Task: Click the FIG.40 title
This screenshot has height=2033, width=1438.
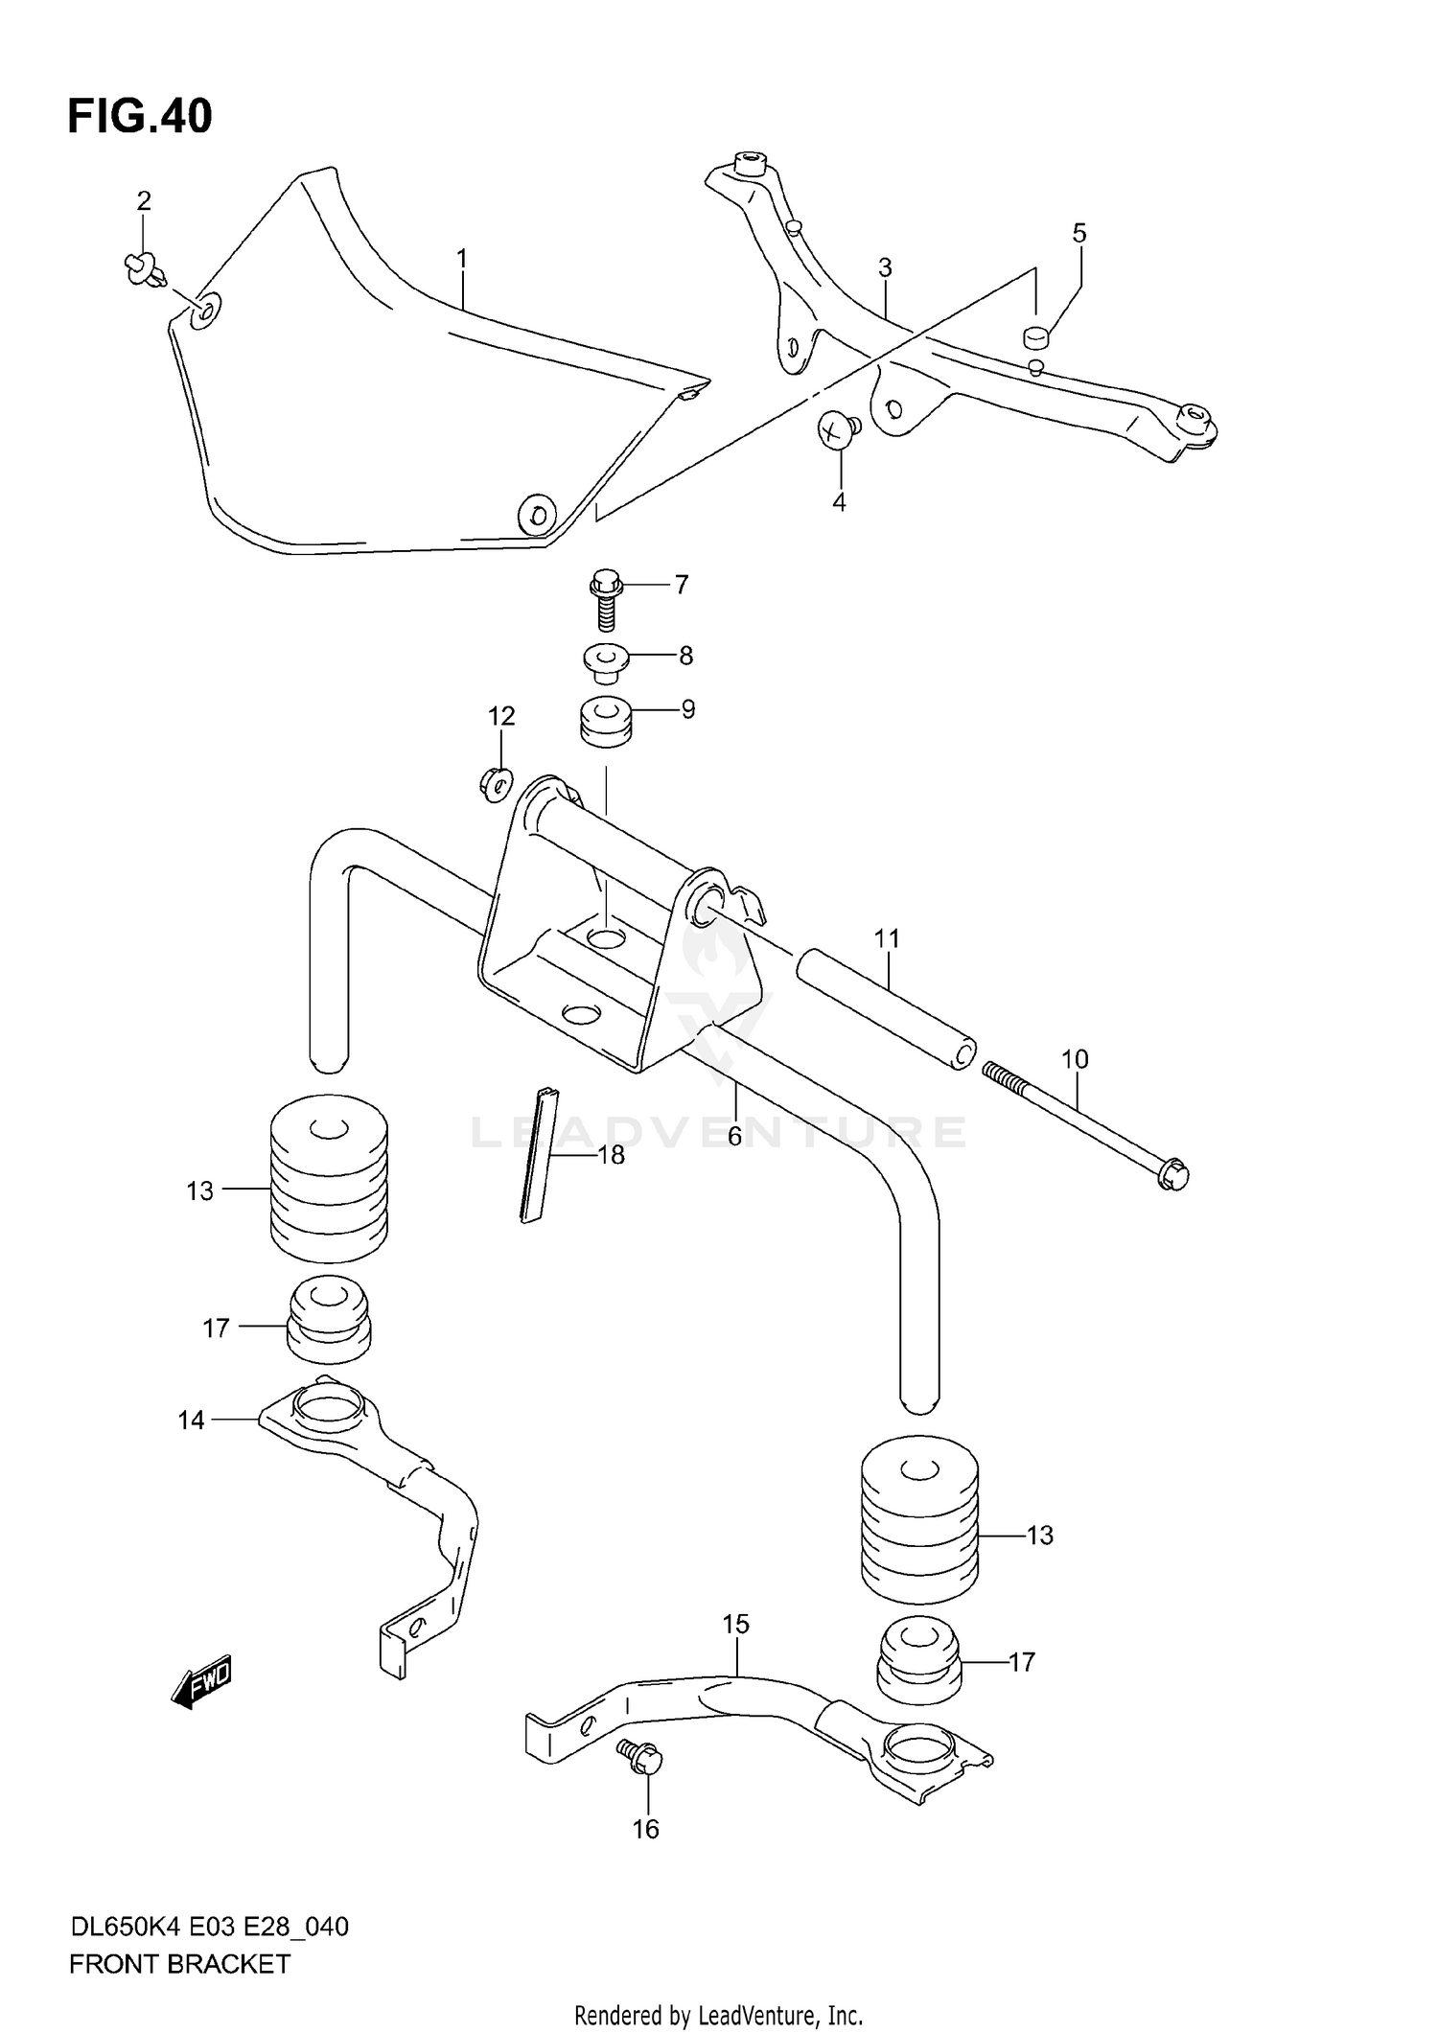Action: click(140, 116)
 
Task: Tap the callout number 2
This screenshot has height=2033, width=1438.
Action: click(143, 200)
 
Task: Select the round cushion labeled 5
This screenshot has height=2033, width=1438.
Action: click(1034, 336)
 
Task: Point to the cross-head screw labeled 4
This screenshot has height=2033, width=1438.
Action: click(838, 428)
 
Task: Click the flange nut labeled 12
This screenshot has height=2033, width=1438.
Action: click(496, 785)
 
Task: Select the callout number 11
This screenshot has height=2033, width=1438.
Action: click(887, 938)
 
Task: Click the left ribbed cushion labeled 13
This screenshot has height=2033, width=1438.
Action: click(329, 1180)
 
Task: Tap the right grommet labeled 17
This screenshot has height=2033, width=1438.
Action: click(918, 1663)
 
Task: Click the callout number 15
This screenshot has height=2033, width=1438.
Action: click(735, 1624)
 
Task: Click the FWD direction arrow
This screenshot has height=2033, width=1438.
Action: click(202, 1680)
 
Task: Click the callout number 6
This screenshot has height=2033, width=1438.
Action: click(734, 1136)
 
